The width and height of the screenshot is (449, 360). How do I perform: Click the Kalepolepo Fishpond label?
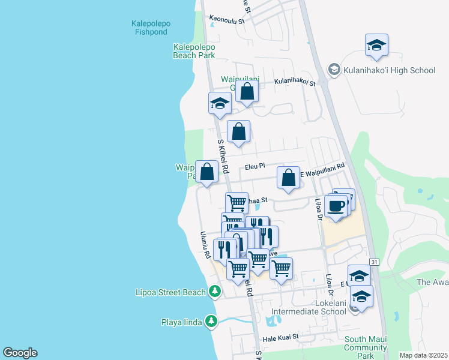151,28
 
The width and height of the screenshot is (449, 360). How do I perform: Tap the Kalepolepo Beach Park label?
193,51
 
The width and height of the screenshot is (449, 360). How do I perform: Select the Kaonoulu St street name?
228,20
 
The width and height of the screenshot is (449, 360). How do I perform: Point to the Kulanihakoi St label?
295,82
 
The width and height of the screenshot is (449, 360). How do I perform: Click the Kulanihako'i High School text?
389,70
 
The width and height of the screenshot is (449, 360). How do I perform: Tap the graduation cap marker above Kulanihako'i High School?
376,46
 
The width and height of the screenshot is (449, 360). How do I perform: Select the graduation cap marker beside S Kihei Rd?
220,103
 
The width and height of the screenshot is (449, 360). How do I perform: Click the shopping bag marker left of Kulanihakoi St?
247,91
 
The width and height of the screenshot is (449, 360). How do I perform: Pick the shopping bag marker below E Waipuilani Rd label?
288,178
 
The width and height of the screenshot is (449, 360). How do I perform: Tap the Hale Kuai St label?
280,338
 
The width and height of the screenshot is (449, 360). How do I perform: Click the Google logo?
20,353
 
